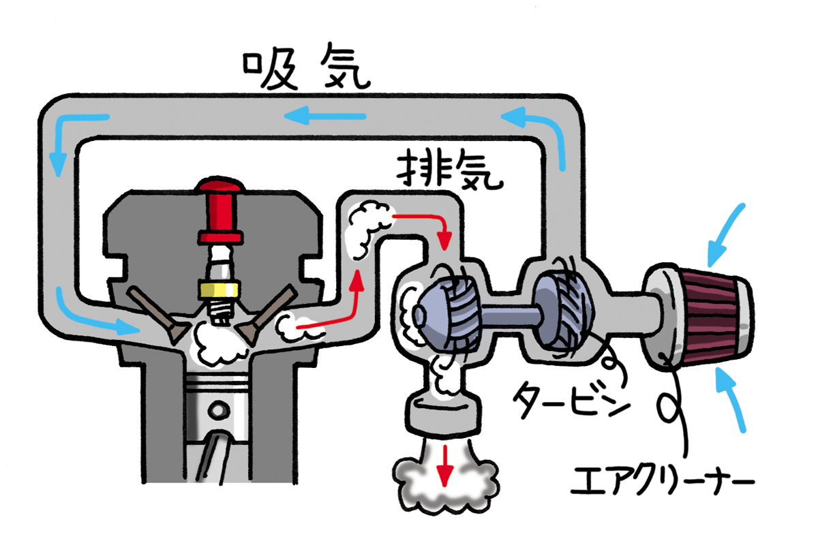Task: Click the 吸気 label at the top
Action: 306,70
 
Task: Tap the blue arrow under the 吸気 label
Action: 325,117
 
